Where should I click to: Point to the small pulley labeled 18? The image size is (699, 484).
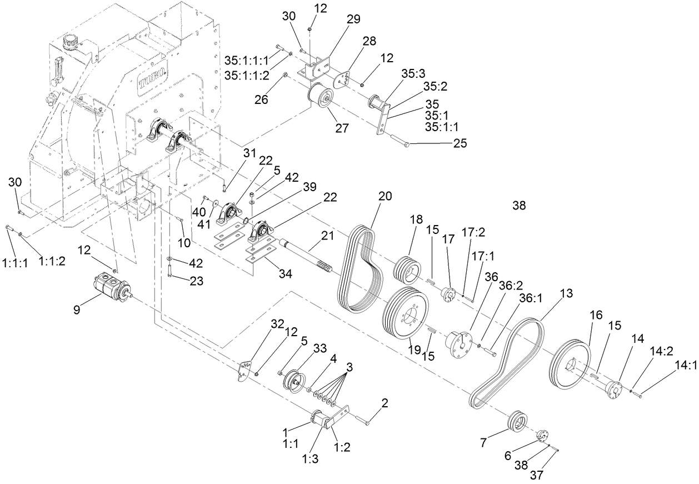point(408,270)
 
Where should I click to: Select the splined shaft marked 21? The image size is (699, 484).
point(306,255)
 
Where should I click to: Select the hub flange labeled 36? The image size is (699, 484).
point(459,340)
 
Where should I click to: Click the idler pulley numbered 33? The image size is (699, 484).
point(293,381)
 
